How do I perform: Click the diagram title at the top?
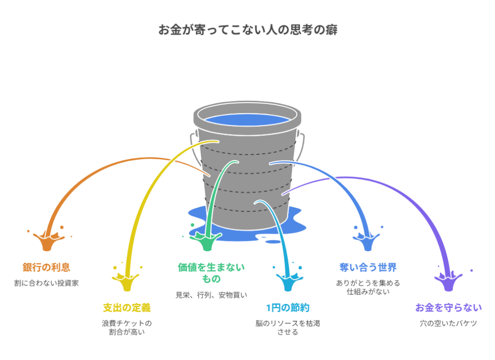247,30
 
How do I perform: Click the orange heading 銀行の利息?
46,267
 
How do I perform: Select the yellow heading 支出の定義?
127,308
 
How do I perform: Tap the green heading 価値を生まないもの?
211,272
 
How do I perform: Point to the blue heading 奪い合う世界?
368,267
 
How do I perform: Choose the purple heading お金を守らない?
448,308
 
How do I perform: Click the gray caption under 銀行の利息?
46,283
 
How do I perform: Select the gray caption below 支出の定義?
127,328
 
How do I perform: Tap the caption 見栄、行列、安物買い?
211,295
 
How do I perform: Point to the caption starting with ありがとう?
368,287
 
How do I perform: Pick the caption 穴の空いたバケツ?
448,323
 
